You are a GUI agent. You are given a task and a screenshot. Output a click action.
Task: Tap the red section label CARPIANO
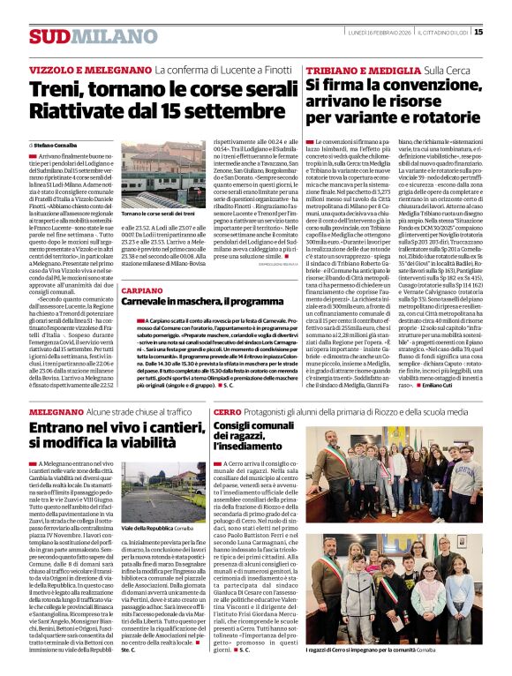click(x=141, y=289)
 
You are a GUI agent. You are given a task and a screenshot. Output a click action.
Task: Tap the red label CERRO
click(x=227, y=412)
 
